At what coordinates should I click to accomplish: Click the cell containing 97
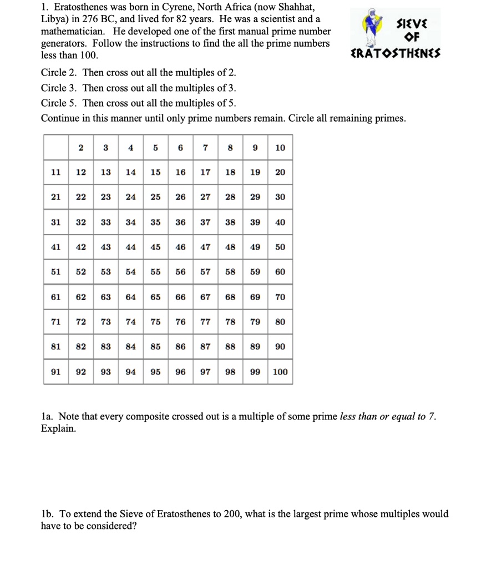tap(205, 372)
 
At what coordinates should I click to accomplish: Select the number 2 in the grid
tap(80, 147)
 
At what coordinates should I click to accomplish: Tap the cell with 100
tap(280, 372)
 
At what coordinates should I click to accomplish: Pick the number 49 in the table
tap(255, 247)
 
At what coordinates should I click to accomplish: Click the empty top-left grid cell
tap(55, 147)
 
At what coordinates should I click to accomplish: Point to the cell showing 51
tap(55, 272)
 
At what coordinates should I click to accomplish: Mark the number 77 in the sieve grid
tap(205, 322)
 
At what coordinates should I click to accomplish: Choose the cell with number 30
tap(280, 197)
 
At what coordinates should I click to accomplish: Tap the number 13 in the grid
tap(105, 172)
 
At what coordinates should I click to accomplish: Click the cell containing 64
tap(130, 297)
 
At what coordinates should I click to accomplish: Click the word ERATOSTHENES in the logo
tap(396, 54)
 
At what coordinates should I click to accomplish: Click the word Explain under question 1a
tap(58, 429)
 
